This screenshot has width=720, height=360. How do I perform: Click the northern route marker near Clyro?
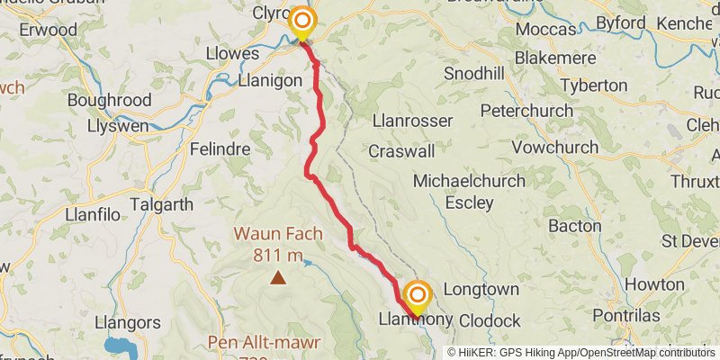coord(301,21)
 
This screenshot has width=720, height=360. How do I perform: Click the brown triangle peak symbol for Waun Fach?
coord(279,278)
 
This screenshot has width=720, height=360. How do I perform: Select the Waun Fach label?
coord(278,233)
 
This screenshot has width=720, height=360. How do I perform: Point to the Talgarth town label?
coord(161,204)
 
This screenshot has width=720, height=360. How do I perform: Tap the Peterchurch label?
coord(526,111)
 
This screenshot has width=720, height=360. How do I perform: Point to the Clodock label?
coord(490,320)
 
